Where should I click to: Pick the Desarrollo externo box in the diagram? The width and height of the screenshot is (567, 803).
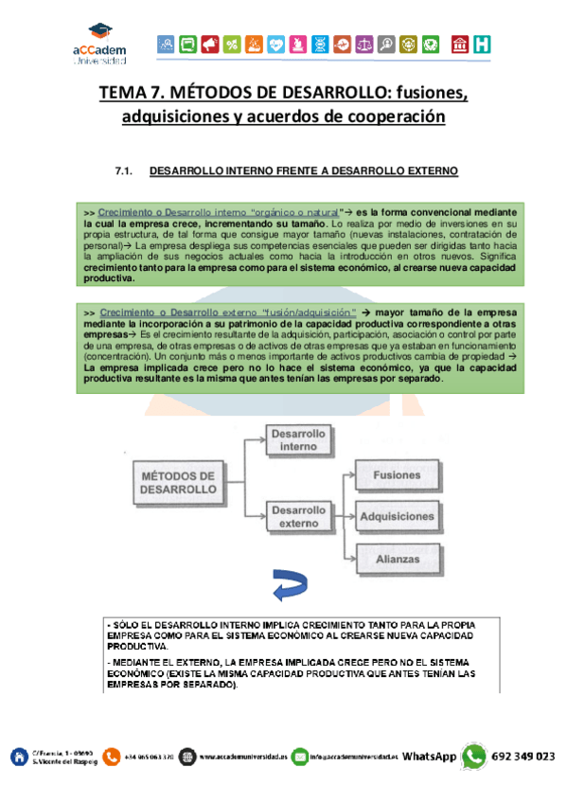tap(297, 516)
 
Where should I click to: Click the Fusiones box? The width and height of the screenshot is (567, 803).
tap(397, 474)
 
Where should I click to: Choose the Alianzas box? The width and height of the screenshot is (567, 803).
tap(397, 559)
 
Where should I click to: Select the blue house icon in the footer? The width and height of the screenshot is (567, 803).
tap(18, 756)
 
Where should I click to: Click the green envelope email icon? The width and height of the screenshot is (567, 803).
tap(300, 756)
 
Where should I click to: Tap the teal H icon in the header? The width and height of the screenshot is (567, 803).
tap(483, 44)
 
